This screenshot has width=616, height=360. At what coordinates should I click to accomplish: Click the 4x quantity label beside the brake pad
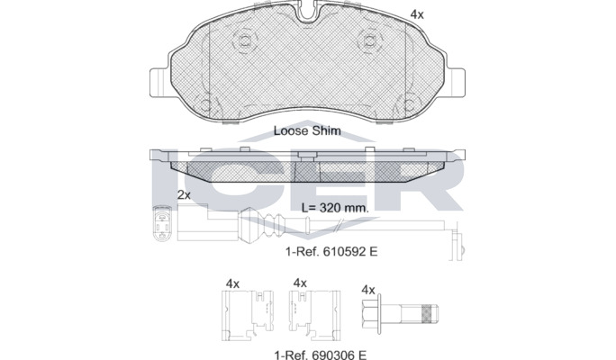tap(417, 14)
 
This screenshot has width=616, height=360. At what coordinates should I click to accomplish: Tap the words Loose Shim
tap(307, 130)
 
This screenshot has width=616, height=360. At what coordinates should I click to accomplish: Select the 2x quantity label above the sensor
tap(184, 194)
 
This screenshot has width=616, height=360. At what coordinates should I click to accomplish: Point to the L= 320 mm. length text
tap(335, 208)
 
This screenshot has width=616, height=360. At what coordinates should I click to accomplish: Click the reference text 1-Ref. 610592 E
tap(331, 251)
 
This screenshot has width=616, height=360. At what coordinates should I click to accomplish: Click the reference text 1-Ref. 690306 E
tap(321, 355)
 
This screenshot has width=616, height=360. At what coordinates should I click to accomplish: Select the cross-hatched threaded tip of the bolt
tap(429, 313)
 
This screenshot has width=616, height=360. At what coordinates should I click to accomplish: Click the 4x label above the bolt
tap(368, 290)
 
